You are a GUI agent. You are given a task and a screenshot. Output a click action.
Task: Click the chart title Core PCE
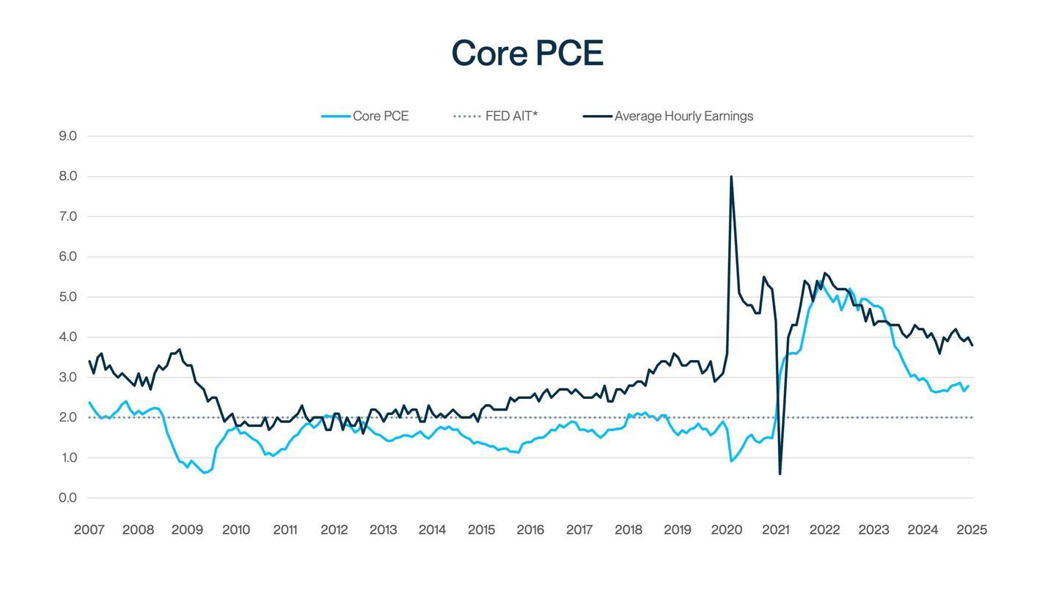pyautogui.click(x=527, y=53)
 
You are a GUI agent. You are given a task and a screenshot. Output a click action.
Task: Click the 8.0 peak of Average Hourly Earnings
pyautogui.click(x=731, y=176)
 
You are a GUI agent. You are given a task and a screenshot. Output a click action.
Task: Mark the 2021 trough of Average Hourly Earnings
pyautogui.click(x=780, y=474)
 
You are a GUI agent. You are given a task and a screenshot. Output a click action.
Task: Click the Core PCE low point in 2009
pyautogui.click(x=205, y=473)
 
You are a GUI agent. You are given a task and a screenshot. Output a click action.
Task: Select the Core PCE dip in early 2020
pyautogui.click(x=731, y=461)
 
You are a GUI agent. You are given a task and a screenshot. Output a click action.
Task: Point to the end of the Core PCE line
pyautogui.click(x=969, y=386)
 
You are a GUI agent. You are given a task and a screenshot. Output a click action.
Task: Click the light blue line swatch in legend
pyautogui.click(x=335, y=116)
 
